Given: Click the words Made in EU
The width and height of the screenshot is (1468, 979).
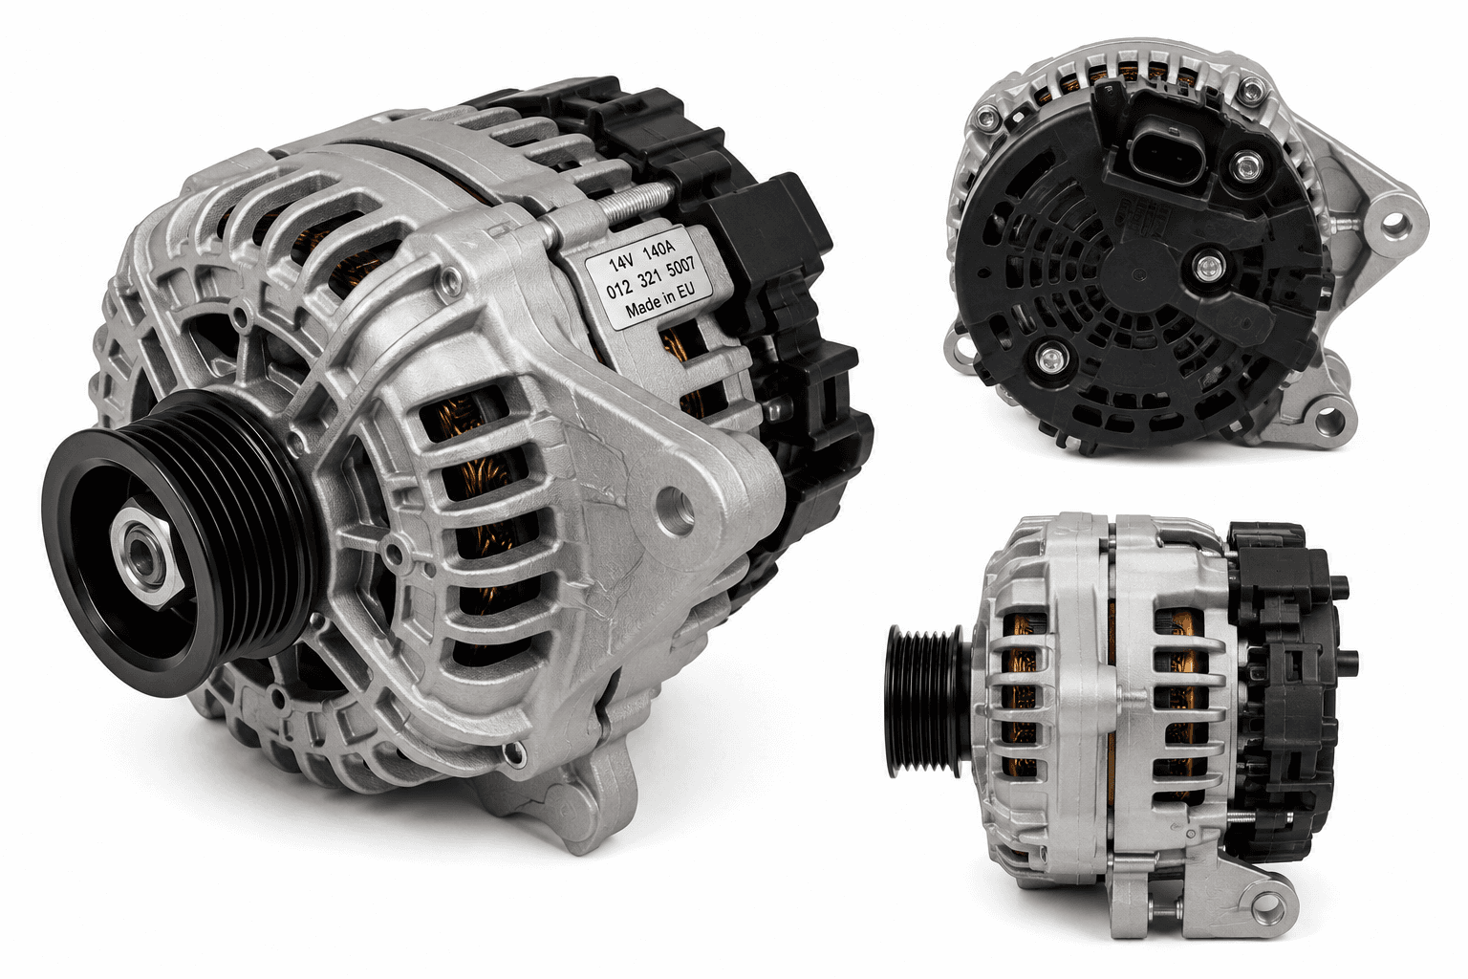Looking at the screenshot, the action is point(659,300).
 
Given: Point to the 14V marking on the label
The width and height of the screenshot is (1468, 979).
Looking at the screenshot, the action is point(620,263).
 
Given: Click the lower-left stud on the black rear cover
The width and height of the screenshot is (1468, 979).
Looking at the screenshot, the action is point(1051,358).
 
